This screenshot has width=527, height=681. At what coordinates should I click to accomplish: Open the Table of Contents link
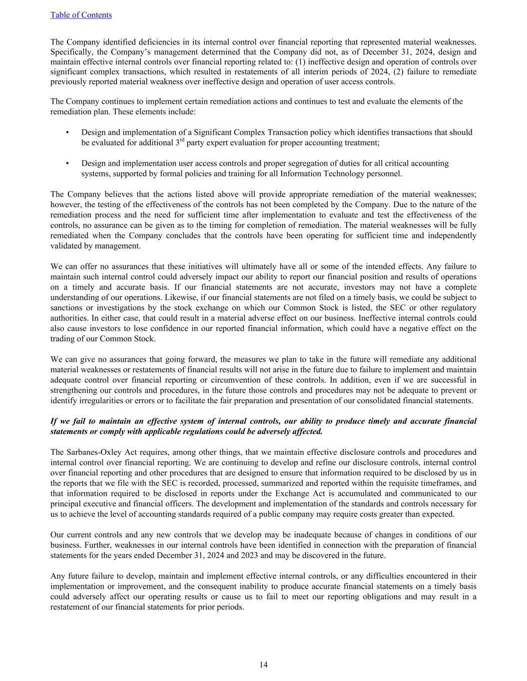[x=81, y=15]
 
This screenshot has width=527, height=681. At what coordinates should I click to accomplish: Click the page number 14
[x=263, y=665]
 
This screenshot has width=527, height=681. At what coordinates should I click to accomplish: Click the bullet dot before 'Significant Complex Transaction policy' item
[x=67, y=132]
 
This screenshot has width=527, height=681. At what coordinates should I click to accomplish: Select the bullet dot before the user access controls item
[x=67, y=163]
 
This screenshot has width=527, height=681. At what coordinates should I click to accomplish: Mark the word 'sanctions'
[x=67, y=308]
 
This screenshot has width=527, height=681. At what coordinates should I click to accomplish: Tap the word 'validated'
[x=67, y=245]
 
